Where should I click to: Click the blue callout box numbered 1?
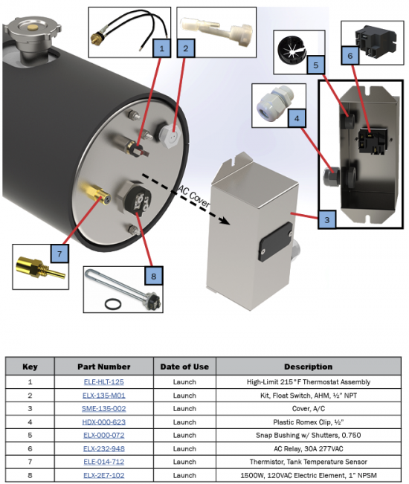(161, 48)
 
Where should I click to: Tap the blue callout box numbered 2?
(186, 48)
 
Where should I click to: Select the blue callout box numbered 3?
(327, 220)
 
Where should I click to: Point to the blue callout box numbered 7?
(59, 254)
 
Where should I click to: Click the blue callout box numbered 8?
(154, 276)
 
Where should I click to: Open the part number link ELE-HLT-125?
(103, 382)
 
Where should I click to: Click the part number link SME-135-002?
(103, 408)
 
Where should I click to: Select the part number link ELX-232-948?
(103, 448)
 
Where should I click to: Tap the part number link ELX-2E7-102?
(103, 475)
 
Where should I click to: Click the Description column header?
(309, 367)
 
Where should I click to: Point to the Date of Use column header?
(184, 367)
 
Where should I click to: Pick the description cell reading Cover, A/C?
(309, 408)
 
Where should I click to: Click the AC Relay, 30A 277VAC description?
(309, 448)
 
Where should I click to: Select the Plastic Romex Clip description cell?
(309, 422)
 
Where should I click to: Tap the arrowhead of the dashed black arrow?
(225, 220)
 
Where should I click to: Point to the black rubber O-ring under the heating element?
(113, 304)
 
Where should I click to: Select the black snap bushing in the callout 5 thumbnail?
(291, 49)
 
